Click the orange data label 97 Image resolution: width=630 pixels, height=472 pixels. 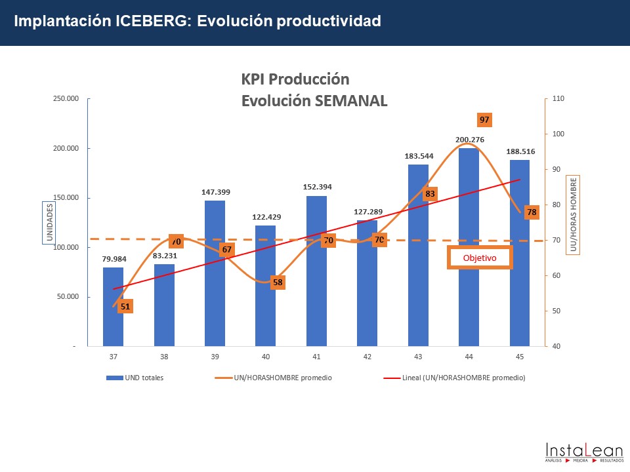pyautogui.click(x=485, y=120)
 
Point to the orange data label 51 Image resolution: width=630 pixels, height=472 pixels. pyautogui.click(x=125, y=306)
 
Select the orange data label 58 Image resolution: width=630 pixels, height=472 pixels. pyautogui.click(x=278, y=283)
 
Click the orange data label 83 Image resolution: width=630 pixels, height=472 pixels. pyautogui.click(x=430, y=194)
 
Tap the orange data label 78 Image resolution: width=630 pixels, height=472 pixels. pyautogui.click(x=532, y=212)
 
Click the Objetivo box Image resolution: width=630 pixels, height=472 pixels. pyautogui.click(x=479, y=258)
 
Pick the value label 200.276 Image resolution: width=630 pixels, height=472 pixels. pyautogui.click(x=469, y=139)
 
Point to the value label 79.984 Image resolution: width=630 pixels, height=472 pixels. pyautogui.click(x=113, y=258)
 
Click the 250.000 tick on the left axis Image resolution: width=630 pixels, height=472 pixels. pyautogui.click(x=66, y=98)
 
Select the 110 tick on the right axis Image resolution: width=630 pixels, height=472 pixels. pyautogui.click(x=558, y=98)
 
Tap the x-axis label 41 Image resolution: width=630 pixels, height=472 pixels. pyautogui.click(x=316, y=357)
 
